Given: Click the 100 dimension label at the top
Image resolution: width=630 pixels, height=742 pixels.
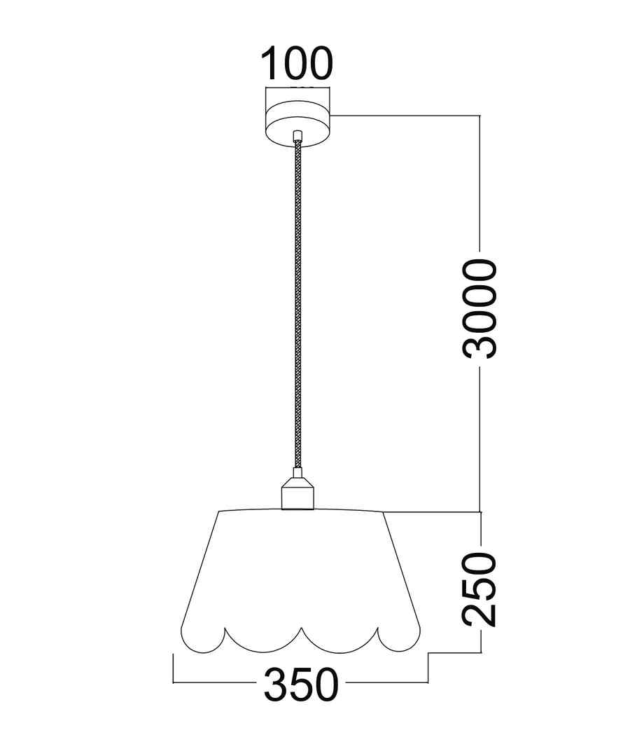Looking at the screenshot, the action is [297, 63].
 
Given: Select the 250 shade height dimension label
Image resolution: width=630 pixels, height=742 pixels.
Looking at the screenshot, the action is [479, 590].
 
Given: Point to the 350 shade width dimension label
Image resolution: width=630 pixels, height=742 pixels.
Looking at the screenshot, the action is [301, 685].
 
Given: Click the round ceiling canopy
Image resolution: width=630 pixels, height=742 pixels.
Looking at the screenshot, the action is [299, 124].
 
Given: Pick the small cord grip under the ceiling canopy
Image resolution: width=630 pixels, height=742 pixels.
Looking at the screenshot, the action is [297, 137].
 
